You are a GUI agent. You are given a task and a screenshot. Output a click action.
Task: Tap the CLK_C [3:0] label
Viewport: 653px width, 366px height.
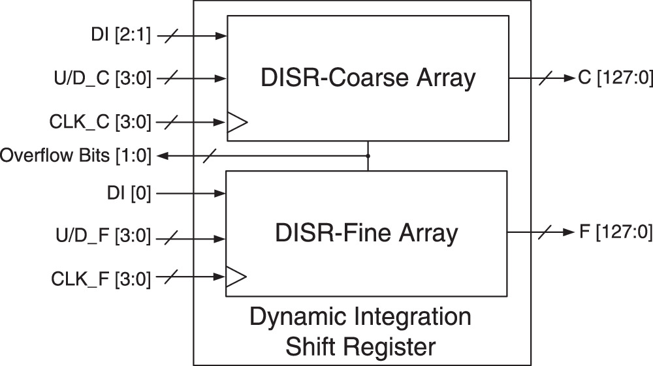pyautogui.click(x=100, y=121)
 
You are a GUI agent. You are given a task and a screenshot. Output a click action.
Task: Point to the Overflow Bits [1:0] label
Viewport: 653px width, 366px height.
pyautogui.click(x=76, y=156)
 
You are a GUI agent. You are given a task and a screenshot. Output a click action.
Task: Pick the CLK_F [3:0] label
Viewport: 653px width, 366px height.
pyautogui.click(x=101, y=279)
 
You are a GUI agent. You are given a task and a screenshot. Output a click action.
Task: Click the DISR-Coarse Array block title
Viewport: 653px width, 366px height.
pyautogui.click(x=368, y=78)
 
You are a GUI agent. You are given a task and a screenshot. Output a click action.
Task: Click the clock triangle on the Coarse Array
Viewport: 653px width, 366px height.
pyautogui.click(x=236, y=123)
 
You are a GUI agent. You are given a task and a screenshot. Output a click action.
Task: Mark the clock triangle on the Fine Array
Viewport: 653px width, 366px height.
pyautogui.click(x=236, y=278)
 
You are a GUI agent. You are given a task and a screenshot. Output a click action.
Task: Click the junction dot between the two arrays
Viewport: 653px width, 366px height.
pyautogui.click(x=368, y=156)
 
